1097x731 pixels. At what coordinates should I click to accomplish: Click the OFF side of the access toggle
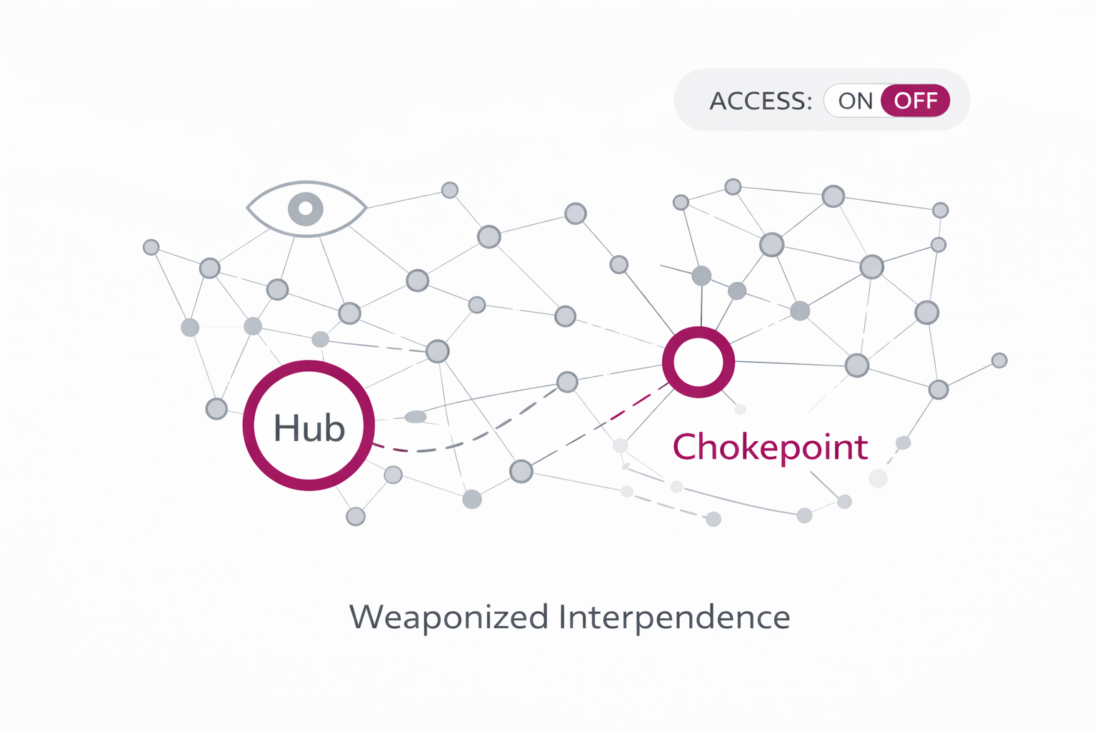[x=916, y=101]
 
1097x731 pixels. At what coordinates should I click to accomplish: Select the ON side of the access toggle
[x=855, y=101]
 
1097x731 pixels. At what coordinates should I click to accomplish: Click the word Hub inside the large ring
[x=309, y=428]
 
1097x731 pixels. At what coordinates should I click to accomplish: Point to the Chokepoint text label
[x=769, y=447]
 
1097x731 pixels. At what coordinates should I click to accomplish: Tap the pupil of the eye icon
[x=306, y=208]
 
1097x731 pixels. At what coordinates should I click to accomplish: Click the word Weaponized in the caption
[x=449, y=617]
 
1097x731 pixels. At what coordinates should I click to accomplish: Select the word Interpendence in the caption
[x=673, y=617]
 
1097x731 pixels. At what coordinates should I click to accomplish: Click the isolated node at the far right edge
[x=999, y=361]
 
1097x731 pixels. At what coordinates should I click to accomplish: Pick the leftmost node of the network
[x=151, y=247]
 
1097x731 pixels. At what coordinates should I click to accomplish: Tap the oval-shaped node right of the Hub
[x=416, y=417]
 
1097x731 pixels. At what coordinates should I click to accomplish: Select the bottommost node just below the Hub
[x=356, y=516]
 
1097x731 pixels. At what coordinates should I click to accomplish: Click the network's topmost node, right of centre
[x=733, y=187]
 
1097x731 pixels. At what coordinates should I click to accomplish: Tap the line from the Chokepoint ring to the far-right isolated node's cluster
[x=793, y=363]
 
